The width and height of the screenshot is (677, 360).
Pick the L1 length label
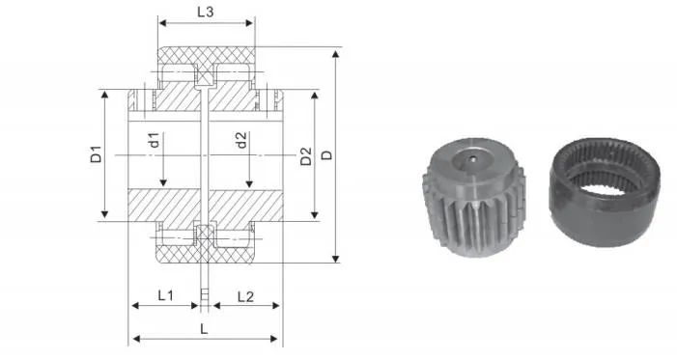[165, 294]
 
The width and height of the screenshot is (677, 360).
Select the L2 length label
[245, 294]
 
